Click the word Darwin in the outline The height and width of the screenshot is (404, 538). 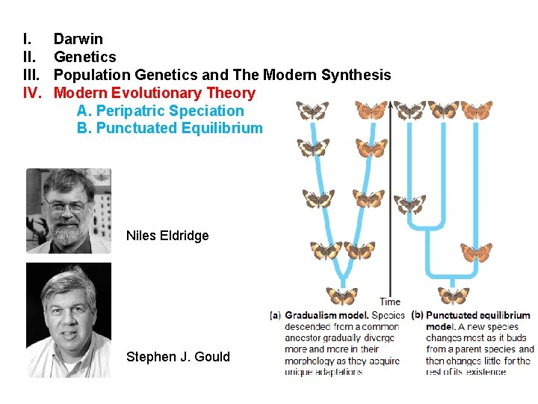(x=78, y=39)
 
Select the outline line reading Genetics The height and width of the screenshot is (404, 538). (x=84, y=57)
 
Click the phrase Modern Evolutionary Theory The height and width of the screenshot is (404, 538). (x=155, y=93)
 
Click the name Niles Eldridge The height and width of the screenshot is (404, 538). (x=167, y=236)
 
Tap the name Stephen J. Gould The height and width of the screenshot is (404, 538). (x=178, y=356)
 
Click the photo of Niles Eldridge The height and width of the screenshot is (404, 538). (x=68, y=211)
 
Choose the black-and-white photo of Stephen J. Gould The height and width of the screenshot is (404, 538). (x=68, y=319)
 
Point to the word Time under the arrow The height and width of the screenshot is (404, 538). (x=390, y=302)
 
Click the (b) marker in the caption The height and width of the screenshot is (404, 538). (x=418, y=316)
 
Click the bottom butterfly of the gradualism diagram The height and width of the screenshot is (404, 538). (x=341, y=296)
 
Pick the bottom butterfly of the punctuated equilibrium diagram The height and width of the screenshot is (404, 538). (x=453, y=295)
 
